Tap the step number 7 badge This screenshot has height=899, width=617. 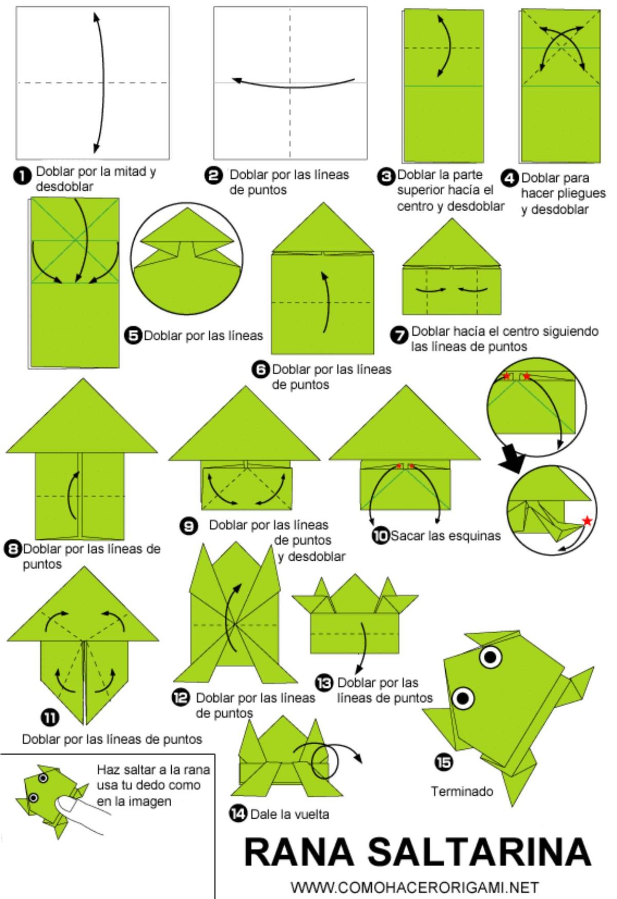tap(399, 335)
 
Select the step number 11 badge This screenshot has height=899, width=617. tap(50, 718)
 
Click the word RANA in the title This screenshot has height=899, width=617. tap(299, 851)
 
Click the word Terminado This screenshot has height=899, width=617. tap(462, 791)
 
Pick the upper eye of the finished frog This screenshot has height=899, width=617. tap(491, 656)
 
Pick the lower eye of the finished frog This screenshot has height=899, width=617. tap(463, 698)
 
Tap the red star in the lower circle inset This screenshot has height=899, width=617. tap(587, 521)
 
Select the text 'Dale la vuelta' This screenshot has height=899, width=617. tap(289, 814)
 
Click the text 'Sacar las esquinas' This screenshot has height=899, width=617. tap(445, 536)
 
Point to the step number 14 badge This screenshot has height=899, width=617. tap(238, 814)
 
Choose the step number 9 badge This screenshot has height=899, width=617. tap(189, 526)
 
